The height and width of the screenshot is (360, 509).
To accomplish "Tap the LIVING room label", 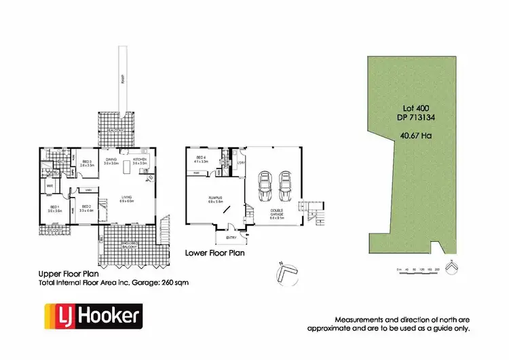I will coord(126,198).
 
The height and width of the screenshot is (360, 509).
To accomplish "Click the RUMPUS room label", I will coord(216,198).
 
